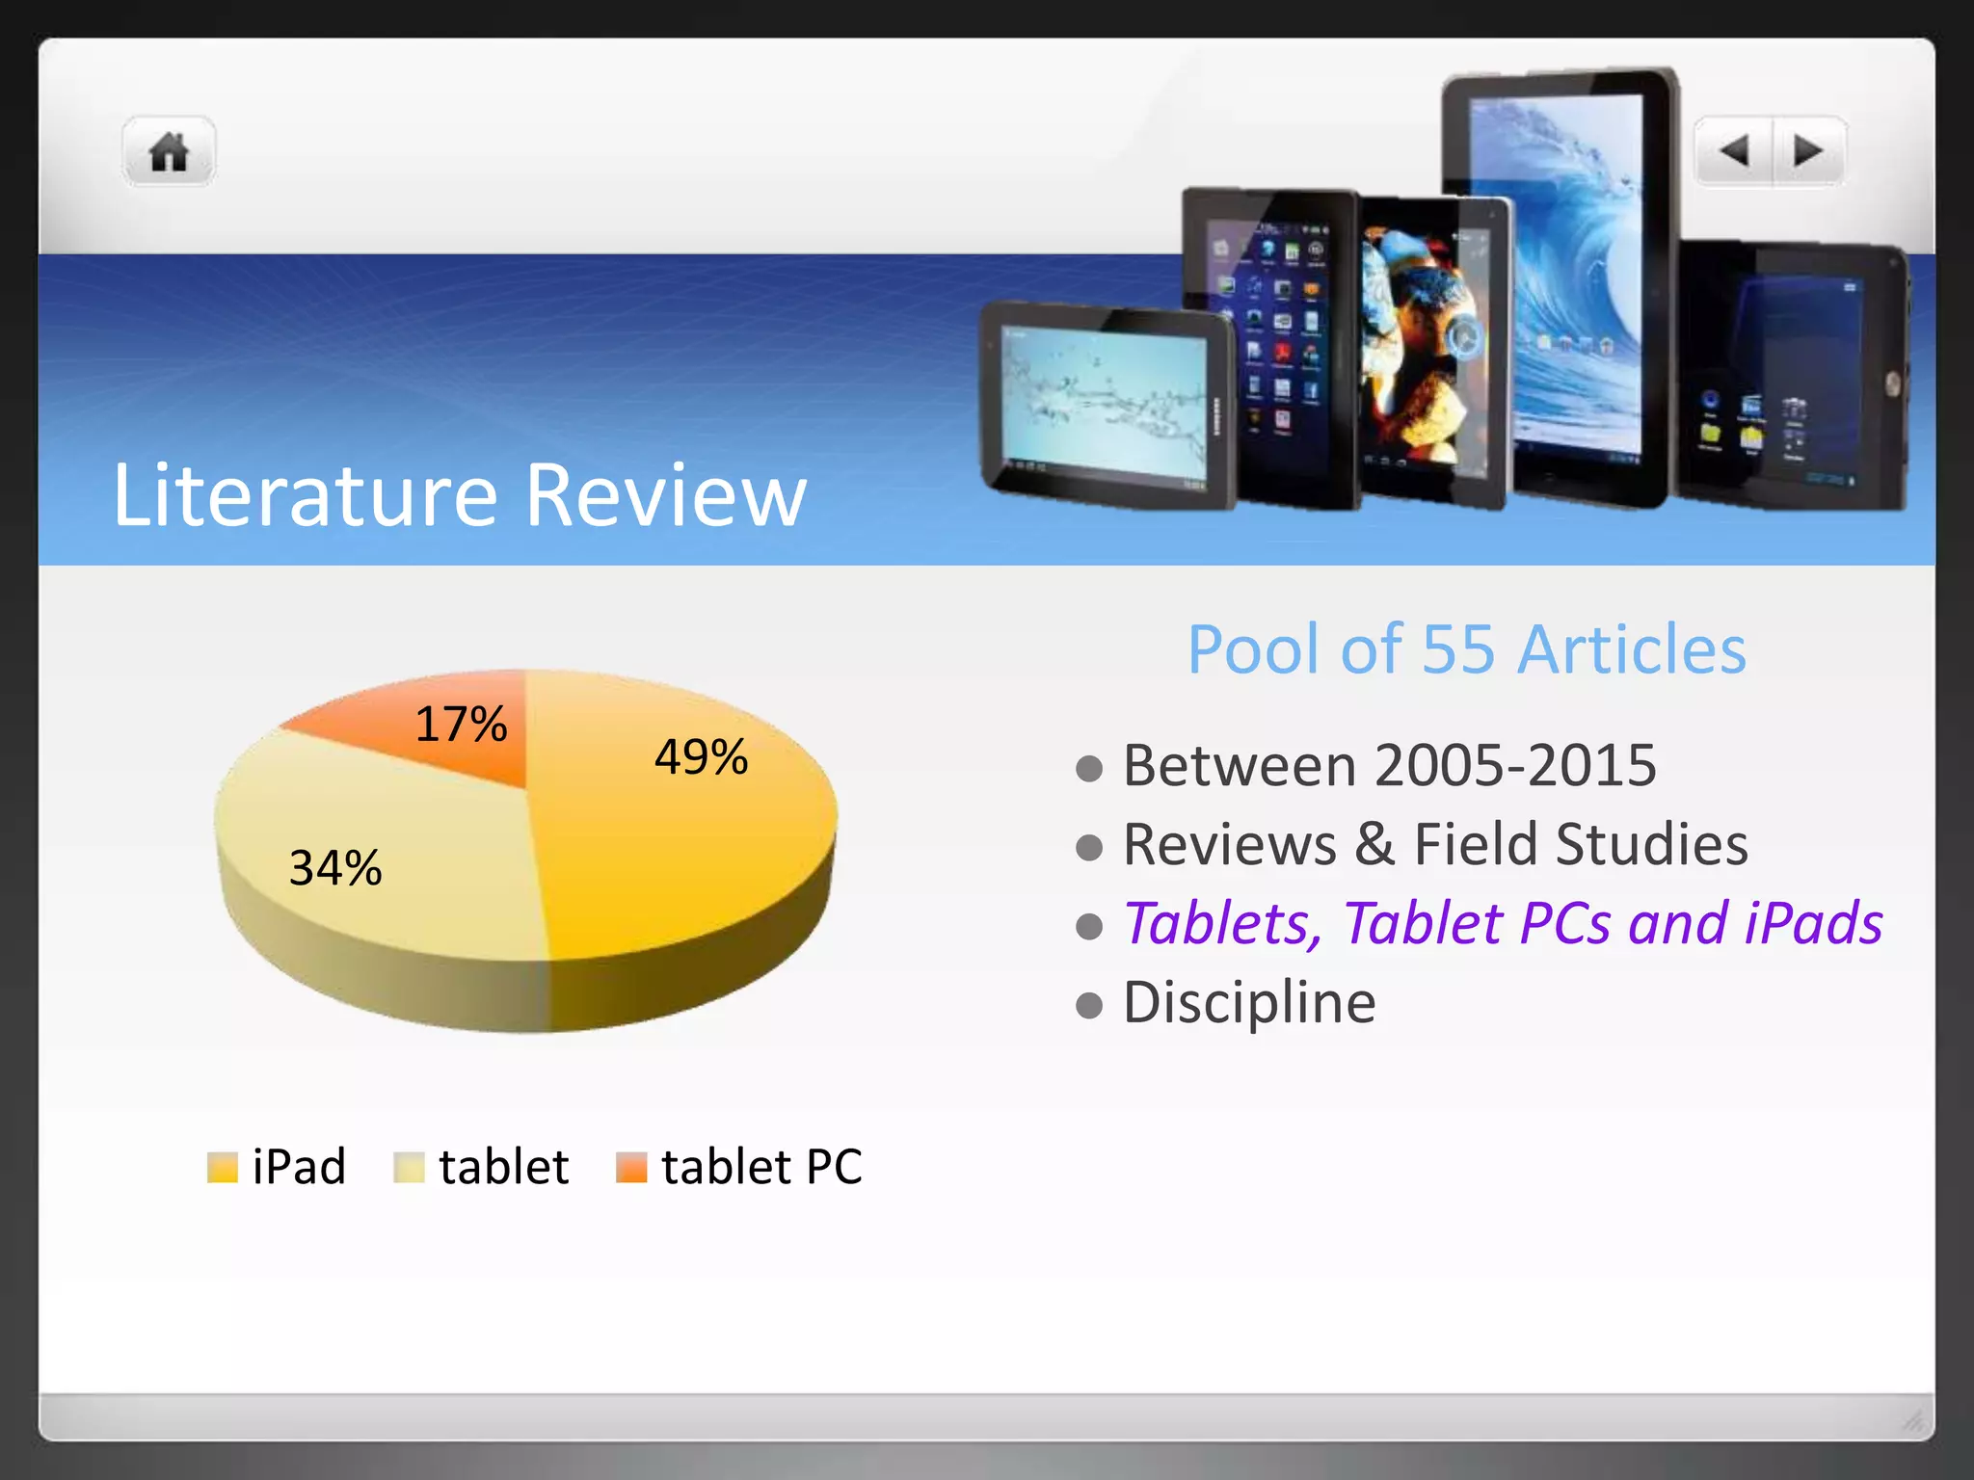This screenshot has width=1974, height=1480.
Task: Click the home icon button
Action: point(169,152)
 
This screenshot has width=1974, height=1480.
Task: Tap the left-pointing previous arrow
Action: point(1734,151)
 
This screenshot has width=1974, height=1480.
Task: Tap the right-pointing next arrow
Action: point(1807,151)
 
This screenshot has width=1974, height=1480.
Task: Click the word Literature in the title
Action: point(305,495)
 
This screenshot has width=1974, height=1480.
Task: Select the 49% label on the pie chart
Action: point(701,756)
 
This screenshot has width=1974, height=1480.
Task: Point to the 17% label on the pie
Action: point(461,724)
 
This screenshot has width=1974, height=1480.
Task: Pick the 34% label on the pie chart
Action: point(335,867)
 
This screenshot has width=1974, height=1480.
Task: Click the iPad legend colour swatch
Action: point(223,1167)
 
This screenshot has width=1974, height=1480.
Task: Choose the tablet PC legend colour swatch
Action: point(631,1167)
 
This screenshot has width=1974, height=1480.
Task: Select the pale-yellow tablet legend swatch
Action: point(409,1167)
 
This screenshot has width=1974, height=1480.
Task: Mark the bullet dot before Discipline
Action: point(1089,1005)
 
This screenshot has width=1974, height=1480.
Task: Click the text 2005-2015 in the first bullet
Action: point(1515,766)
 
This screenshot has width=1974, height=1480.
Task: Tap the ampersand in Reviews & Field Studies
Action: point(1374,845)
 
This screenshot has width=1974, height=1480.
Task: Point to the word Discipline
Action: point(1249,1003)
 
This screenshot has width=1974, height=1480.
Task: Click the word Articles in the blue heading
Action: point(1631,649)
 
